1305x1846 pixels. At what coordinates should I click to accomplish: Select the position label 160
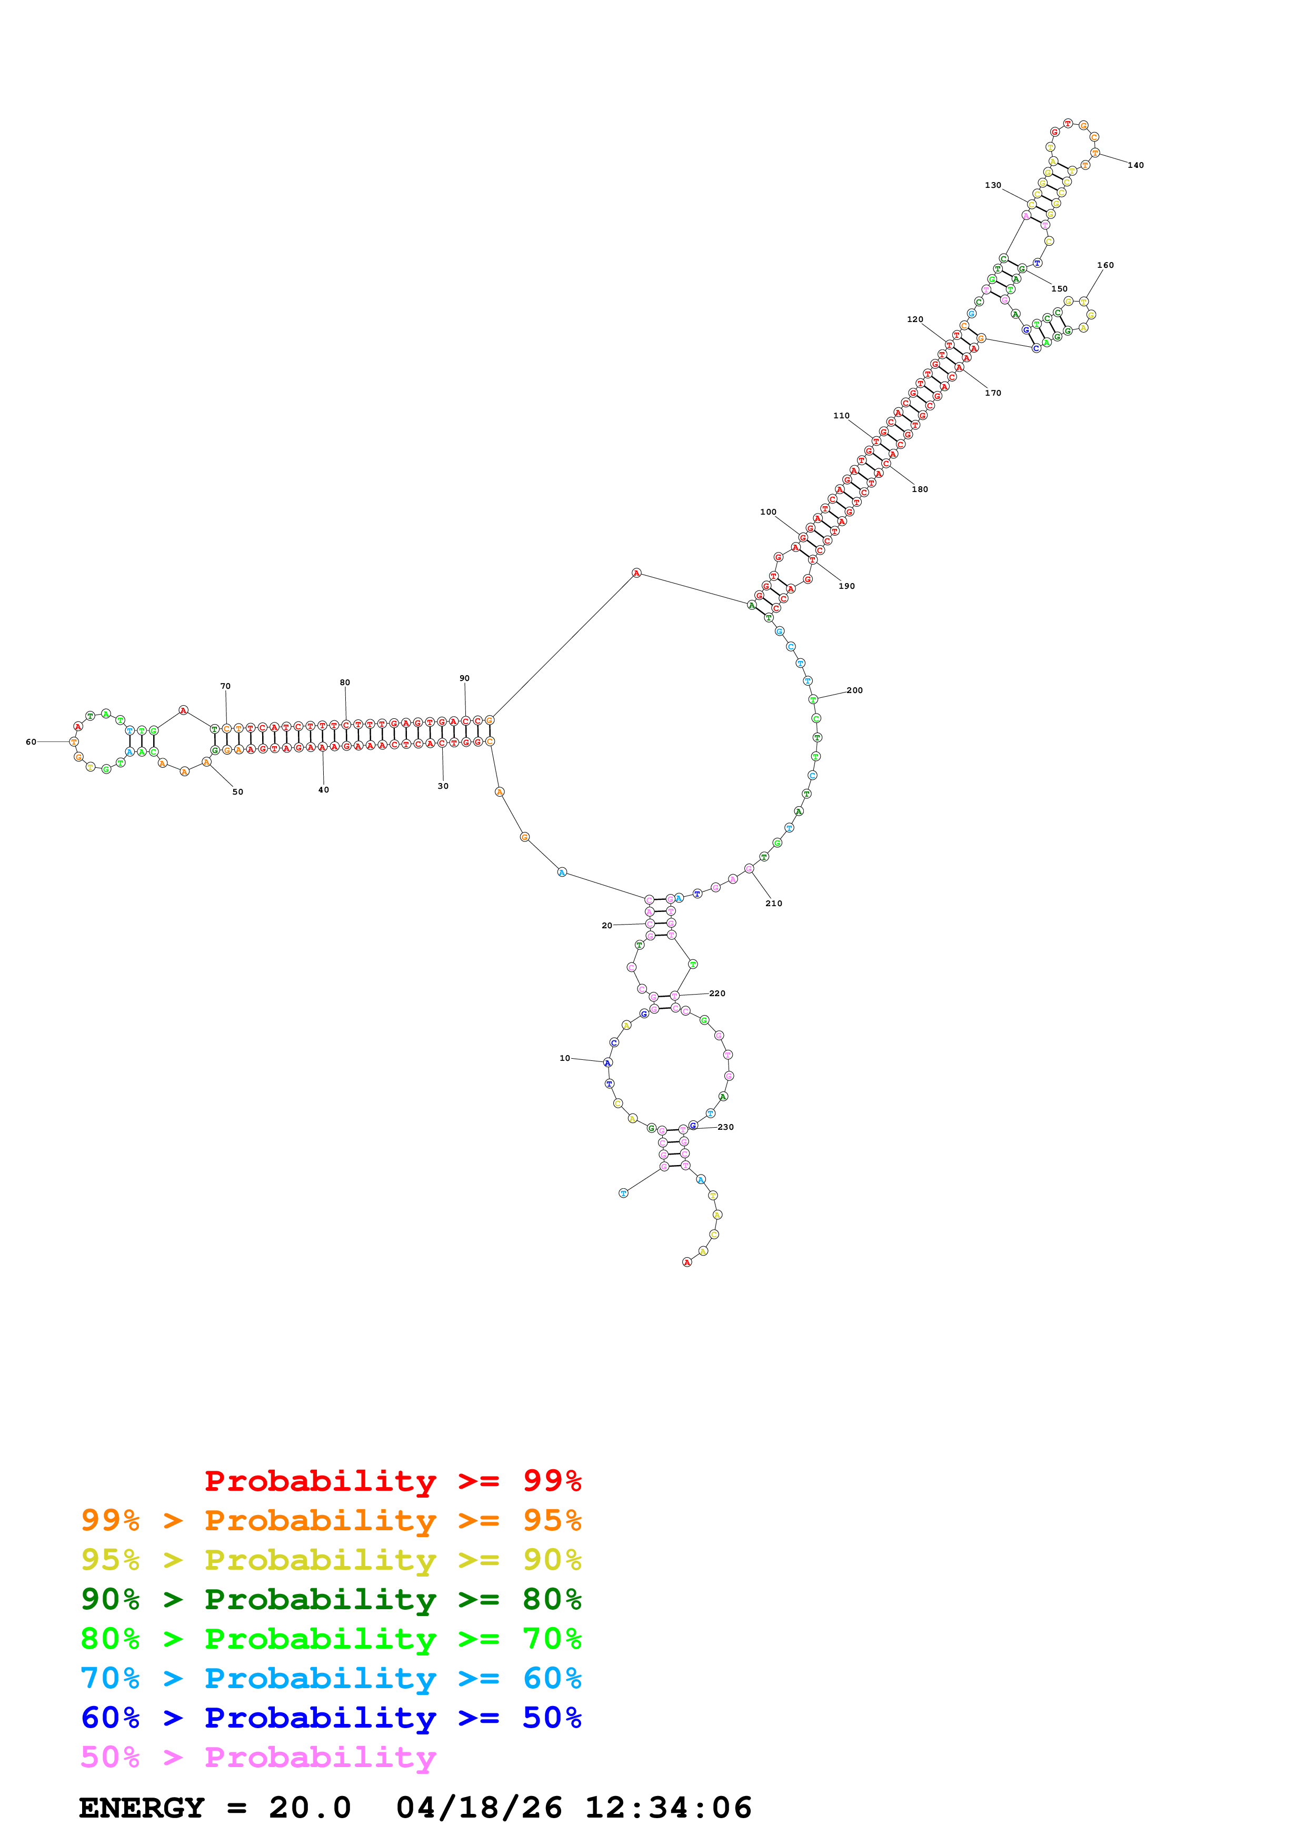click(x=1105, y=265)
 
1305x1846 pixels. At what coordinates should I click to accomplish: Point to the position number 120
click(x=914, y=320)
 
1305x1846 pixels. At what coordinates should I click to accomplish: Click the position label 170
click(x=992, y=393)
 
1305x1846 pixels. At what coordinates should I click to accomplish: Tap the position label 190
click(x=846, y=586)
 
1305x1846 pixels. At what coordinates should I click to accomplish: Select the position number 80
click(x=344, y=683)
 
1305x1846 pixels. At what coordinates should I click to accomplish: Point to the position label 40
click(x=323, y=790)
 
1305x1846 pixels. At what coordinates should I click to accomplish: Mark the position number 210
click(x=773, y=904)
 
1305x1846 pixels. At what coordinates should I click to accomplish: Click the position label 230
click(x=725, y=1127)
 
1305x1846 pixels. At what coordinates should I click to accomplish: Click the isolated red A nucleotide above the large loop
click(x=636, y=573)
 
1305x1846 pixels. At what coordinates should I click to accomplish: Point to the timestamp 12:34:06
click(x=668, y=1808)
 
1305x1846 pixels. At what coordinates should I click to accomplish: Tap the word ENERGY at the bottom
click(x=142, y=1808)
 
